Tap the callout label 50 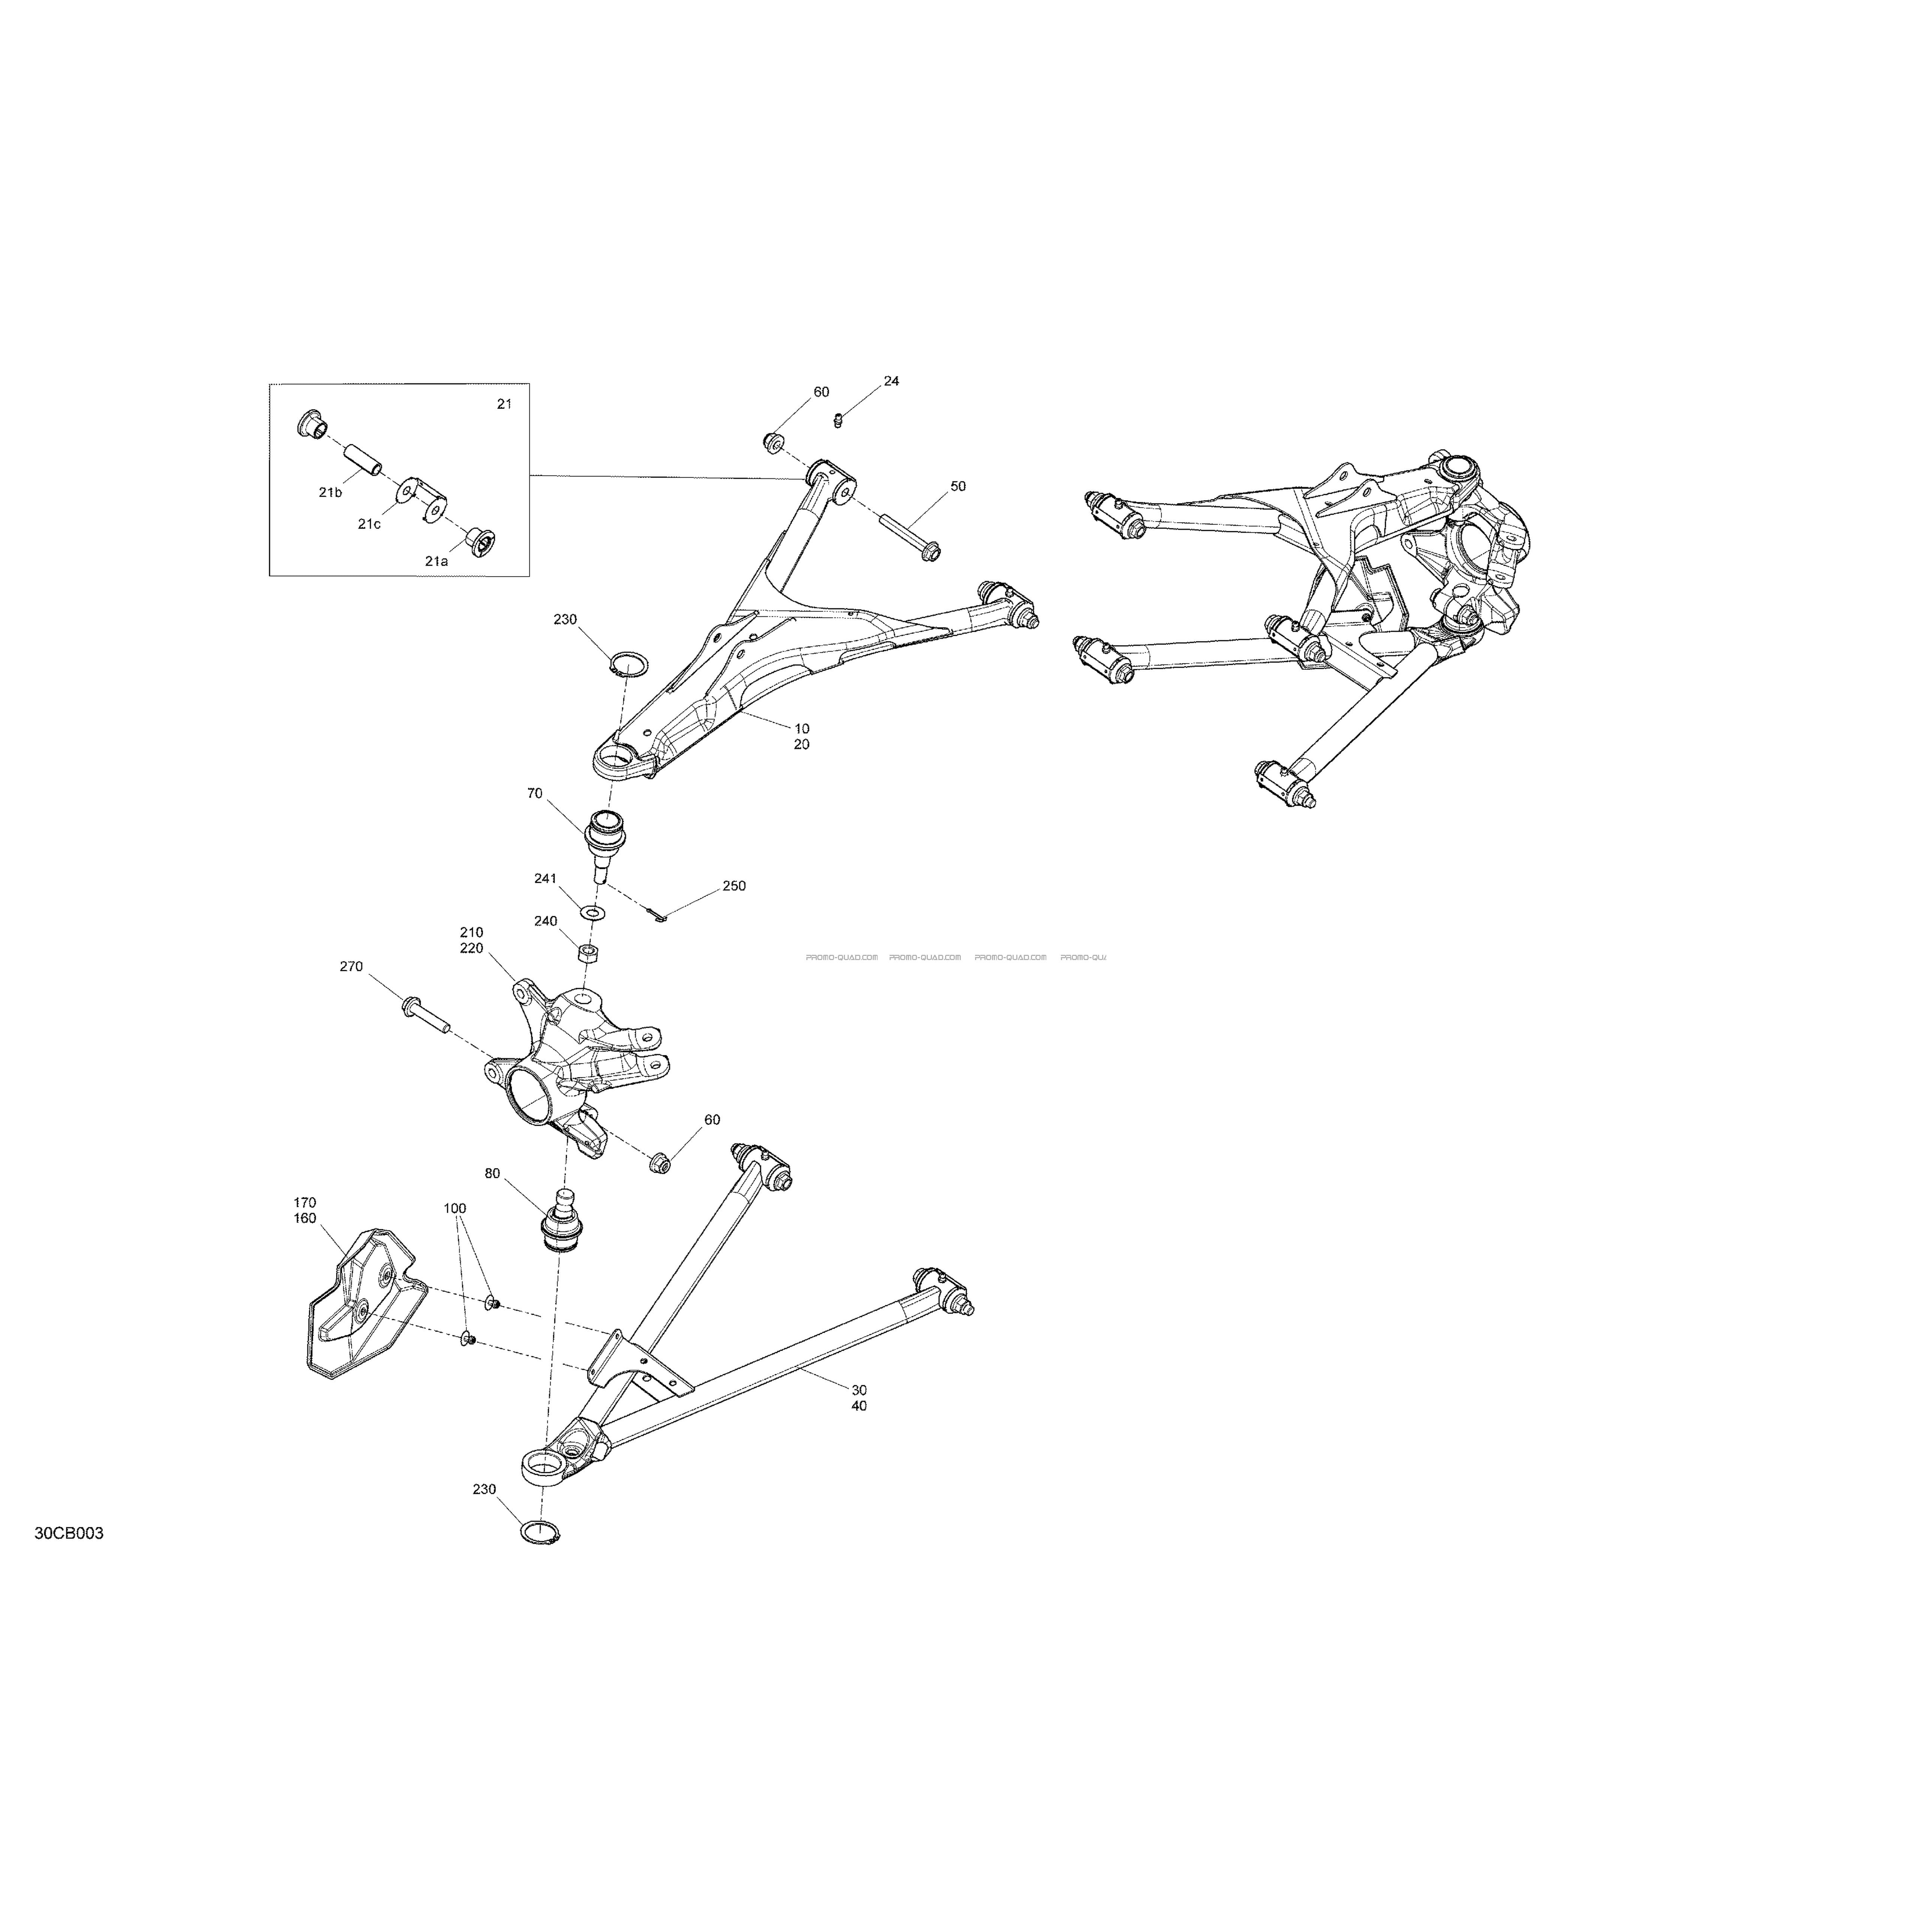click(957, 486)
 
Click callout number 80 click(492, 1173)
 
